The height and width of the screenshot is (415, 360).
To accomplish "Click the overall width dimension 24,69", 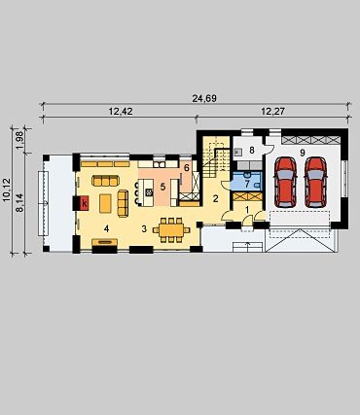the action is click(204, 98).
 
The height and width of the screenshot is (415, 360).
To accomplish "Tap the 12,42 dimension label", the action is click(121, 112).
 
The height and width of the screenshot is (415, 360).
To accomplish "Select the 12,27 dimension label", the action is click(272, 112).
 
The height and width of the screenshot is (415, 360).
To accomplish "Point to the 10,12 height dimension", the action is click(7, 190).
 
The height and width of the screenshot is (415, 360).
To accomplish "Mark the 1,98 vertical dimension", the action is click(19, 141).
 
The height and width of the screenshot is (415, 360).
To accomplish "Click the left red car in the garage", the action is click(285, 182).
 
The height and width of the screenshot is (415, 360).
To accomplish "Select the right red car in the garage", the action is click(316, 182).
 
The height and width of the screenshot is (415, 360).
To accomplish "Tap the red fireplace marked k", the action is click(85, 203).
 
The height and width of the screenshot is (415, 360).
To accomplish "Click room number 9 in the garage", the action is click(303, 153).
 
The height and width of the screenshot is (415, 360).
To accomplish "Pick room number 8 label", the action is click(251, 150).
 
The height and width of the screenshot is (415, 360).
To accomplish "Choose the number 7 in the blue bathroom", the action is click(247, 184).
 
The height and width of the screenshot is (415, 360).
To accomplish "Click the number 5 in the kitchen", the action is click(162, 187).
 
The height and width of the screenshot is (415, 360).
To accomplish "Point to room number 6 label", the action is click(186, 168).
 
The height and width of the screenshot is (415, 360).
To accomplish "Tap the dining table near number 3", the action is click(171, 230).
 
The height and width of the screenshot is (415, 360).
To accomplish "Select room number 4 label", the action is click(106, 228).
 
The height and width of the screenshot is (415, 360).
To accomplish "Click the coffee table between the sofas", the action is click(105, 203).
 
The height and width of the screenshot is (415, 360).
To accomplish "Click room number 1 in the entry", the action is click(247, 210).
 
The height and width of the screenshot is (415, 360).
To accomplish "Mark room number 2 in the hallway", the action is click(216, 199).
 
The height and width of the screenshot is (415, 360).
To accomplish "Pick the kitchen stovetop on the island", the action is click(149, 192).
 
